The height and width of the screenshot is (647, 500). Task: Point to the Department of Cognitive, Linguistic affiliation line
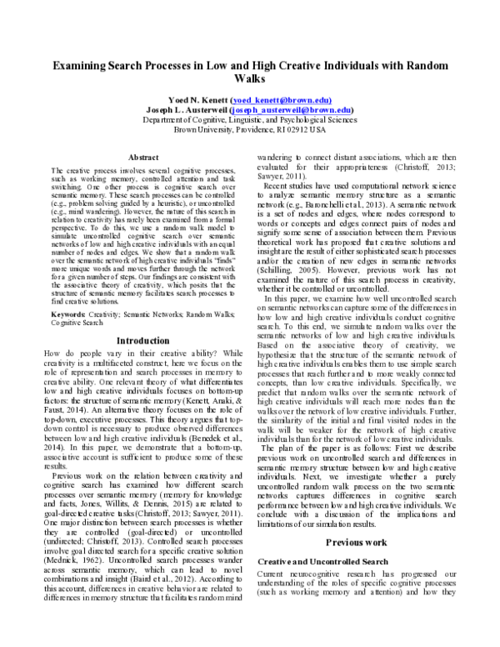click(x=249, y=119)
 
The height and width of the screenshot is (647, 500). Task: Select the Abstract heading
click(x=143, y=158)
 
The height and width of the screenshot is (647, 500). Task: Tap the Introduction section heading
click(x=143, y=340)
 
